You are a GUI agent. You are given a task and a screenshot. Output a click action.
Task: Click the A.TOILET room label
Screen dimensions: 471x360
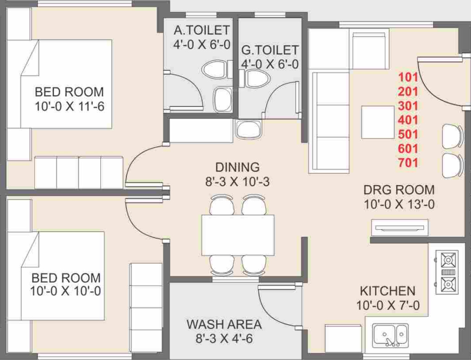click(x=202, y=30)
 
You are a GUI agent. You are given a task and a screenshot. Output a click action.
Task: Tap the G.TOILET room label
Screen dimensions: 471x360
click(x=270, y=50)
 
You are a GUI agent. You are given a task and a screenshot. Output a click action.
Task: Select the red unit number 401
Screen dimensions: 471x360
click(x=408, y=120)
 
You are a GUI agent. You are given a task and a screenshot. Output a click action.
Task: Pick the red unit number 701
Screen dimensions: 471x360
click(x=408, y=163)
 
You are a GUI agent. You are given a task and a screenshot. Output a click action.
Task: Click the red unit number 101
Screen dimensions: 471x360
click(x=408, y=78)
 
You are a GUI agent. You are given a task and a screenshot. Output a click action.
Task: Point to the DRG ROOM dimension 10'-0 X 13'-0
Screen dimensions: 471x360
click(x=399, y=205)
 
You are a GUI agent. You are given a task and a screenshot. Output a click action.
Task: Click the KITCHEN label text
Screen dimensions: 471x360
click(x=388, y=291)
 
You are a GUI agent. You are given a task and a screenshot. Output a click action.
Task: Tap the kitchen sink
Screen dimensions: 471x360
click(x=390, y=335)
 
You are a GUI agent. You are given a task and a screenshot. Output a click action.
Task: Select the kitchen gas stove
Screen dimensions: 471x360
click(x=447, y=272)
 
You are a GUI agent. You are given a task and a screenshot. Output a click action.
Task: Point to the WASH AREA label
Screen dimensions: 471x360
click(x=224, y=325)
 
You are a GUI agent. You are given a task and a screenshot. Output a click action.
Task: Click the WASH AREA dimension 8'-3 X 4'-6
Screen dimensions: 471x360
click(x=224, y=339)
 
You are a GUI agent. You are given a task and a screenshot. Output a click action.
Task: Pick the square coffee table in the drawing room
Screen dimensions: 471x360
click(x=378, y=123)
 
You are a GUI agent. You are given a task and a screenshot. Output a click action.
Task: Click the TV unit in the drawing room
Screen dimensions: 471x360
click(x=399, y=228)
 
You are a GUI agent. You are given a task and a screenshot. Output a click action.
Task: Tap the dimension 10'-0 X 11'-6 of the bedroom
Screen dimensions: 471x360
click(x=69, y=106)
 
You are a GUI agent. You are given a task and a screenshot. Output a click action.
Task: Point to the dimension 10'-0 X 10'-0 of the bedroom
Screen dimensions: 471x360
click(x=65, y=291)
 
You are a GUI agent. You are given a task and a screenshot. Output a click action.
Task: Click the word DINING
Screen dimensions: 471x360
click(x=237, y=167)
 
